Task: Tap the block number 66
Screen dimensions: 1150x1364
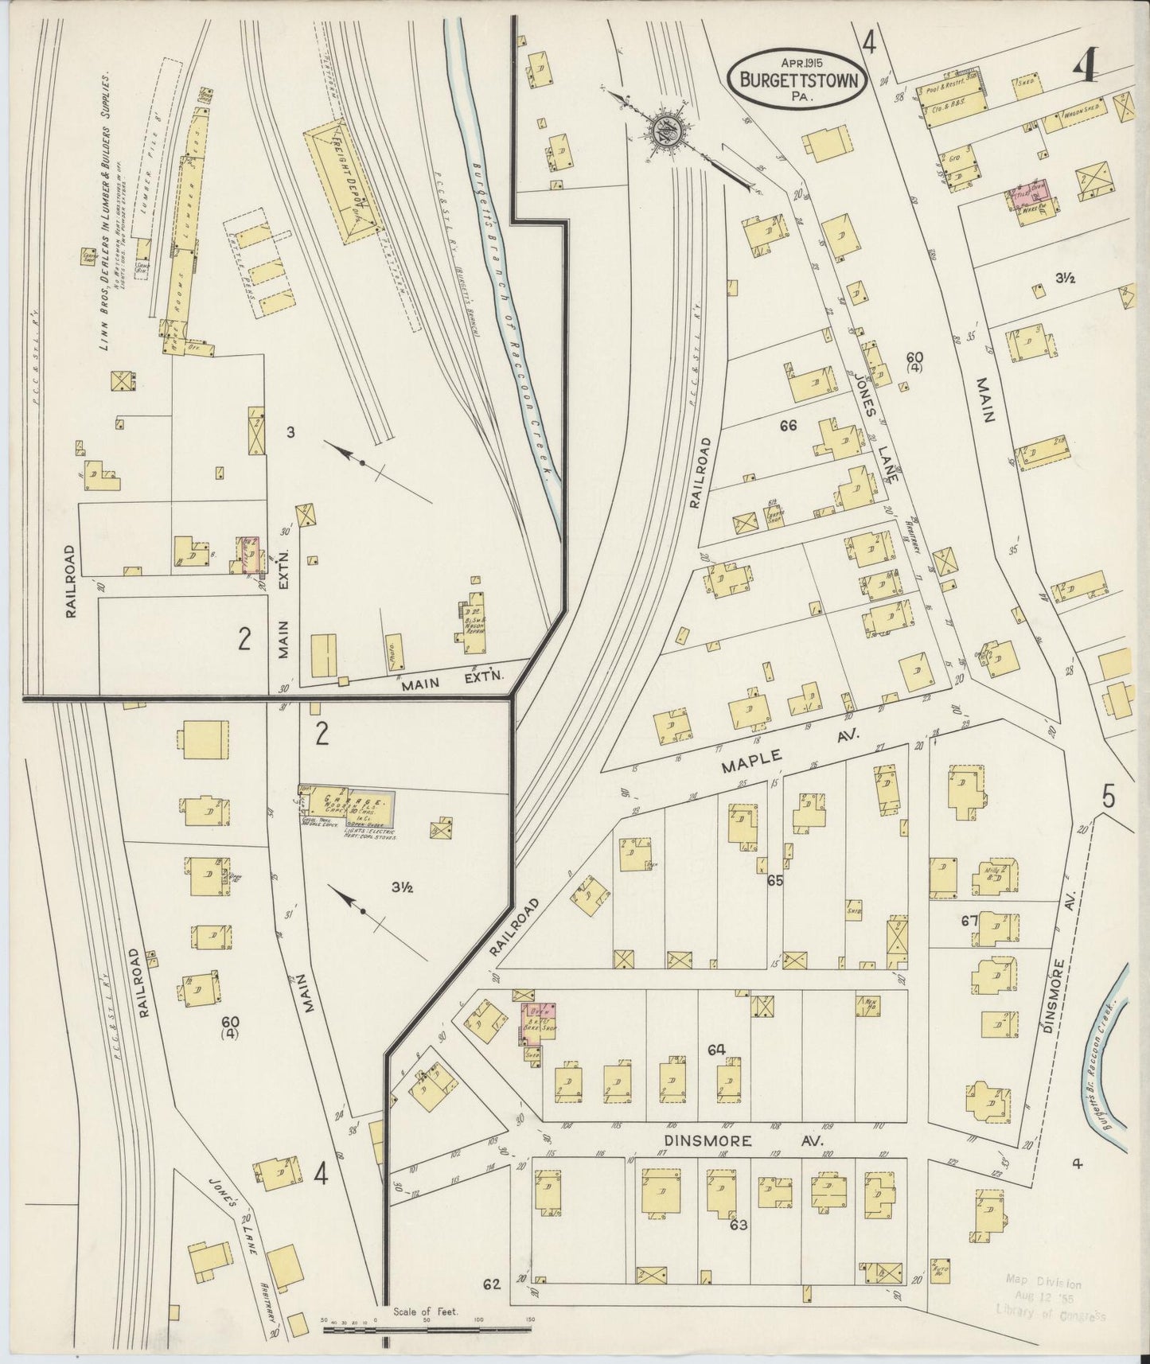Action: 788,427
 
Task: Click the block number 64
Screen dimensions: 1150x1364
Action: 716,1050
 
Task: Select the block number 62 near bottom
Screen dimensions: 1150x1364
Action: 492,1284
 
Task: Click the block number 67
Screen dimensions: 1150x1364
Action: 968,922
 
